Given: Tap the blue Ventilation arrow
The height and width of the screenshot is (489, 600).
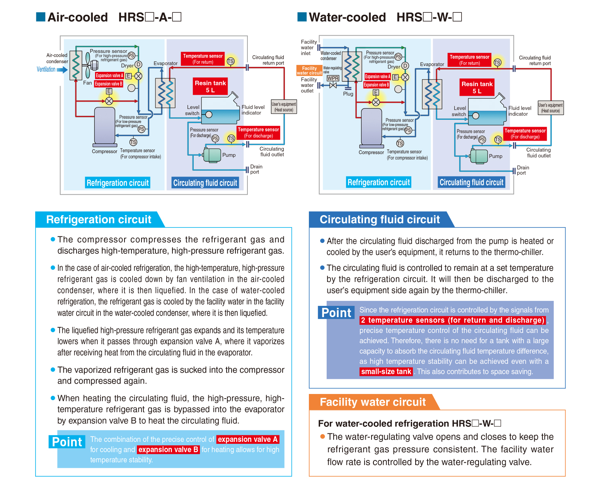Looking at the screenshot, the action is tap(62, 70).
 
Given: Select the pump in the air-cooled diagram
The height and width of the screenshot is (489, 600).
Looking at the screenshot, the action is tap(212, 155).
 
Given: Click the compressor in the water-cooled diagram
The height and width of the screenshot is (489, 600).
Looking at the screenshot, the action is tap(371, 128).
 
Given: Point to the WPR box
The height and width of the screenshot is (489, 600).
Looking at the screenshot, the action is tap(332, 78).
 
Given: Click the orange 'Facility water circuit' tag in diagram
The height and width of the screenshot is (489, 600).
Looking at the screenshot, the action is tap(309, 71).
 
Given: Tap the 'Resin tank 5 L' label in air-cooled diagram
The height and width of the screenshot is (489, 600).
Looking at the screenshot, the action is tap(210, 87).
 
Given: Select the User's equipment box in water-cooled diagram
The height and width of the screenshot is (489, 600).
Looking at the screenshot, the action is tap(550, 108).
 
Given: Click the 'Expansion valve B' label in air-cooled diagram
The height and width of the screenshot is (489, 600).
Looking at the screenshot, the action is tap(108, 84).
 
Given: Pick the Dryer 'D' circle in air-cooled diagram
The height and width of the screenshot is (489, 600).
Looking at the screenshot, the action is tap(138, 65).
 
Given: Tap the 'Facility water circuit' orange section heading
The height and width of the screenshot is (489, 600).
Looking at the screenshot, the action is tap(373, 402).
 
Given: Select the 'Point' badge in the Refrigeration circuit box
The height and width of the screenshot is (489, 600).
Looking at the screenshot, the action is tap(67, 442).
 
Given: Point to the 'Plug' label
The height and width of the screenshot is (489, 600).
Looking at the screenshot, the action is tap(348, 94).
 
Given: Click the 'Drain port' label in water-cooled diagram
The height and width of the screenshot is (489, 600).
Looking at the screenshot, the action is tap(523, 170).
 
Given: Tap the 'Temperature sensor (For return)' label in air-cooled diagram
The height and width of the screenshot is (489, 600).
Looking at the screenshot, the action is tap(203, 59).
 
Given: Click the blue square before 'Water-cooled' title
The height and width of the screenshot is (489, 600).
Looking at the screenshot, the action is tap(302, 17).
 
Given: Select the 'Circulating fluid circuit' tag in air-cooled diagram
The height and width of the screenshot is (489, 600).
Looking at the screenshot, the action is tap(205, 183).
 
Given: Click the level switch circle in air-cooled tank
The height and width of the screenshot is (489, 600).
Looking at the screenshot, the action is tap(209, 115).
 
